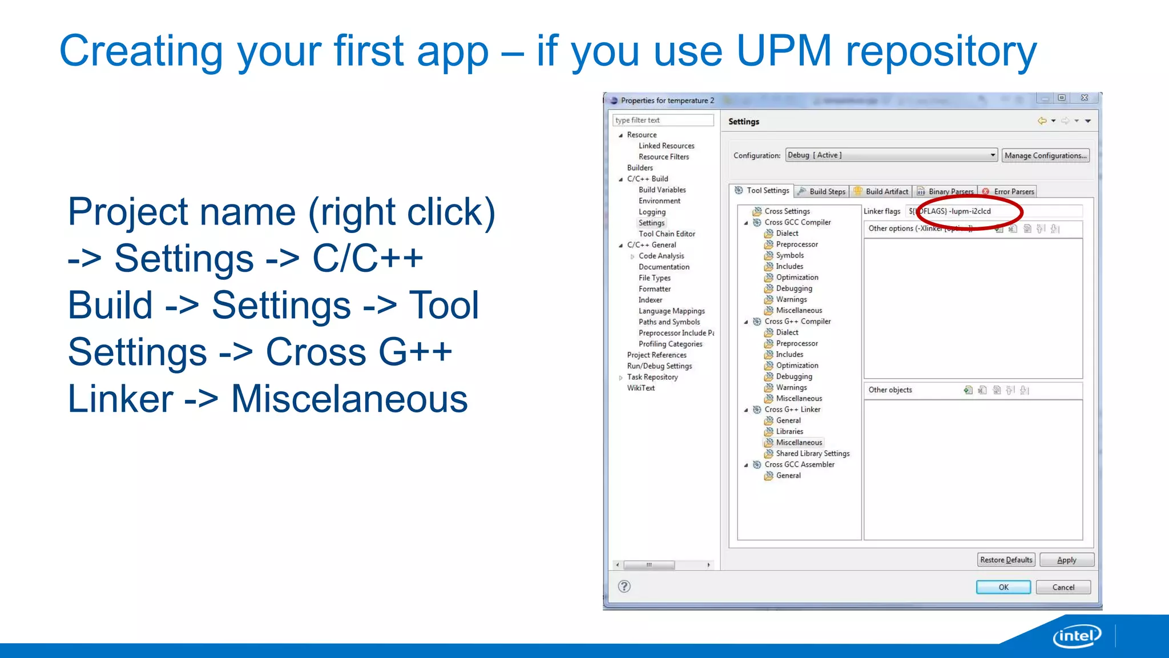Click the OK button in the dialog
coord(1003,587)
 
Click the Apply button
coord(1066,560)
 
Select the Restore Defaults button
coord(1006,560)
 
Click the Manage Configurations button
coord(1045,155)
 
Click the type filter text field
coord(663,120)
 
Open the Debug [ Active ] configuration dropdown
coord(892,155)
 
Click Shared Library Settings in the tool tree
coord(812,454)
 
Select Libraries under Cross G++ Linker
coord(789,431)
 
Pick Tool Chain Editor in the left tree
coord(667,234)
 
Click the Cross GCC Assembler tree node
coord(799,464)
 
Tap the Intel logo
coord(1077,636)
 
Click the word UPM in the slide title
coord(784,51)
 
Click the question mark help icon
coord(624,587)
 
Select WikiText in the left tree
coord(640,388)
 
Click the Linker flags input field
coord(993,211)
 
